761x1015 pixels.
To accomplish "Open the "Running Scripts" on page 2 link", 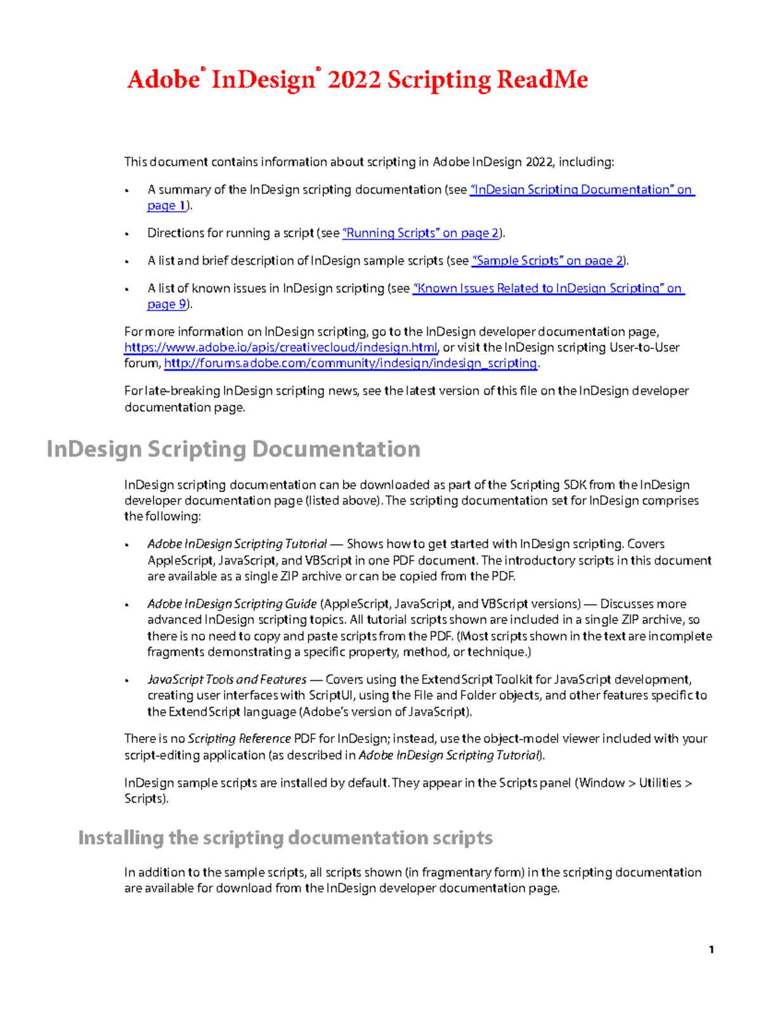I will [420, 233].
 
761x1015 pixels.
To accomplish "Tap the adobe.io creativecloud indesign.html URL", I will [281, 348].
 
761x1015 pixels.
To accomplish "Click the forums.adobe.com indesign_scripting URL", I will [351, 363].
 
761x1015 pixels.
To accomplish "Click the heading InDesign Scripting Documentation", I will [233, 449].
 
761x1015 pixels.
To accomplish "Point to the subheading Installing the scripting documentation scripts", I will [285, 838].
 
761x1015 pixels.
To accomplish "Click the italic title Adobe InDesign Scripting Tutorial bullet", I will [237, 544].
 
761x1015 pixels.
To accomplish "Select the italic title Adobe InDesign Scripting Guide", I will [232, 604].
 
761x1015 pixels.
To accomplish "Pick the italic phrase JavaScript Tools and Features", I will [227, 679].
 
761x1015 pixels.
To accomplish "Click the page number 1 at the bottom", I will [712, 950].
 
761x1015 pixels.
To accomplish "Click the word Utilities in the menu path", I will [660, 783].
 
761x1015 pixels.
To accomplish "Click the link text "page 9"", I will [167, 304].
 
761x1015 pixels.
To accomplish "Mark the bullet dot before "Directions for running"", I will [127, 234].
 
